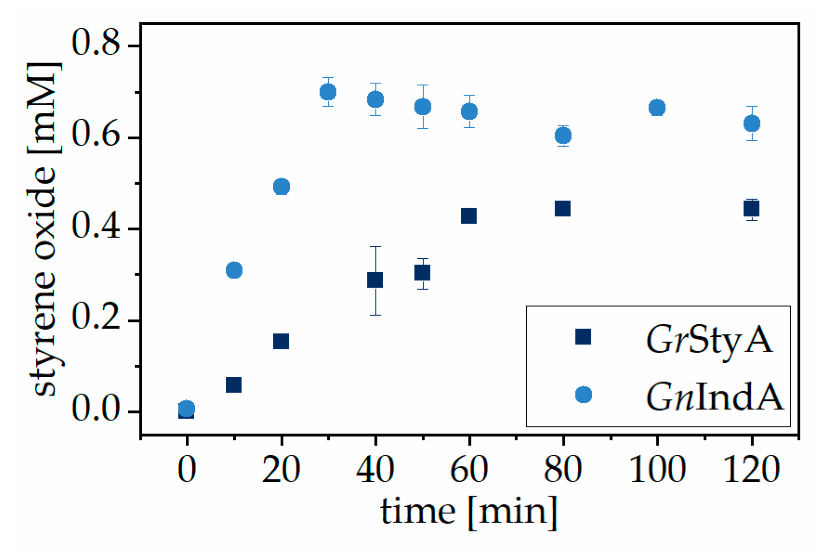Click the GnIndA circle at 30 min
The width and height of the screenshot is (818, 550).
point(328,92)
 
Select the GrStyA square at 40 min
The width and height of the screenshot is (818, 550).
point(375,280)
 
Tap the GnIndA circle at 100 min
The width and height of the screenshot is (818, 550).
point(657,108)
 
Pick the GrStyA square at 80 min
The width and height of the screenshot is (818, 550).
point(563,209)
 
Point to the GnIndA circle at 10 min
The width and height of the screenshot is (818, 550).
point(234,270)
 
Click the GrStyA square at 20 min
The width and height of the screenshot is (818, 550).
point(281,341)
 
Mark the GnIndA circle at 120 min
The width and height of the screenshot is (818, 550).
point(752,124)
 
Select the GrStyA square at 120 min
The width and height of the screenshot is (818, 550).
point(751,209)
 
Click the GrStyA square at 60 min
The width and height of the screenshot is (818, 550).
point(469,216)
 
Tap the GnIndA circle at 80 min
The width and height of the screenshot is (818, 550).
point(563,136)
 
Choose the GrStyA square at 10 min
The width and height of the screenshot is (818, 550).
point(234,385)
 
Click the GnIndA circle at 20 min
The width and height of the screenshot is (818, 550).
point(281,187)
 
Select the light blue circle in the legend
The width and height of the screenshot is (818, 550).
point(583,395)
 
